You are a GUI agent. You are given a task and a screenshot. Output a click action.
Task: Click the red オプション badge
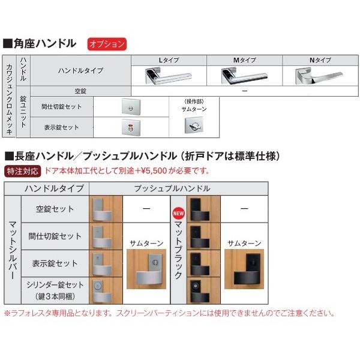click(x=106, y=44)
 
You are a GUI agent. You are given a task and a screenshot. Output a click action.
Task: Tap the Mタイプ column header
click(x=243, y=60)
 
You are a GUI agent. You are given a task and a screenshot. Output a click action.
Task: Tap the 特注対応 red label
click(x=23, y=171)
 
